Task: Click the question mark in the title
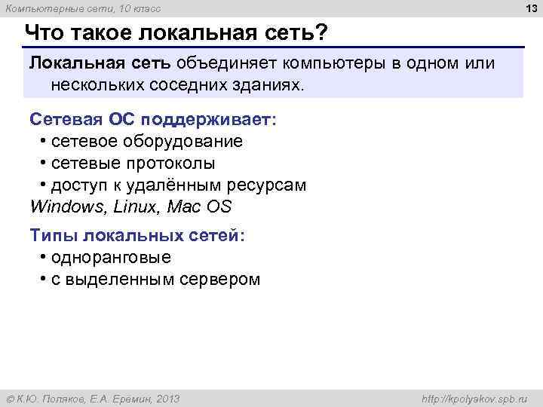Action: (x=322, y=34)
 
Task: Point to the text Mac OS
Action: (x=204, y=207)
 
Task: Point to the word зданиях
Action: (x=266, y=85)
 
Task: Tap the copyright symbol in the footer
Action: (x=11, y=399)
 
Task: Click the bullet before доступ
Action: (x=44, y=185)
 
